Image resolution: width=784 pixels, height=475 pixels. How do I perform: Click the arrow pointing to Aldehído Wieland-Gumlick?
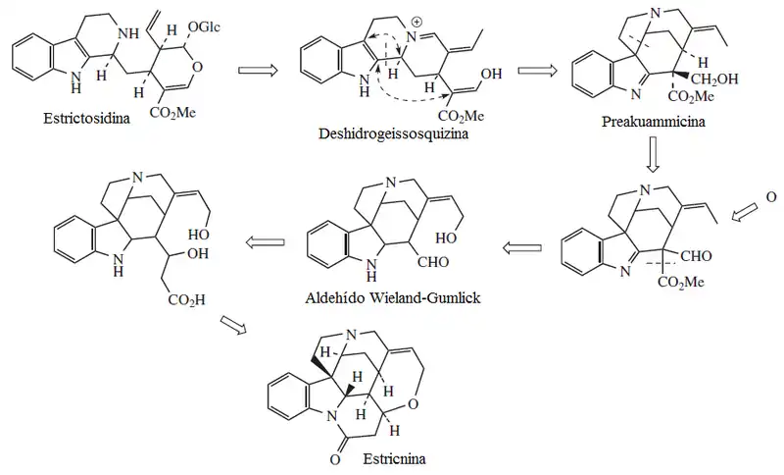point(518,248)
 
